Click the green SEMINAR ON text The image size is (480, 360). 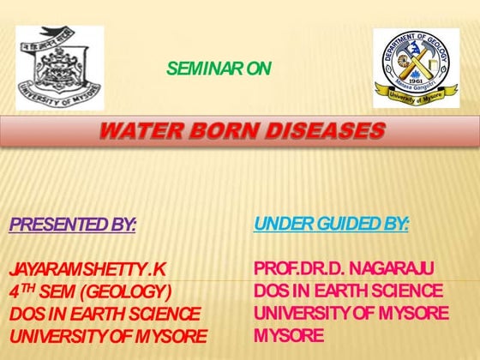[219, 69]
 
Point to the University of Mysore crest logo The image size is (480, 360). [59, 67]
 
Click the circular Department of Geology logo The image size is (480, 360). [417, 67]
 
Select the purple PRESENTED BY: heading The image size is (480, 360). [73, 225]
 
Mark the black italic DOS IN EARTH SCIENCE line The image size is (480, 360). [105, 314]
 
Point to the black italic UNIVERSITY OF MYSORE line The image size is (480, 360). [108, 335]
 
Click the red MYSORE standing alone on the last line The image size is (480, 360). [289, 334]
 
